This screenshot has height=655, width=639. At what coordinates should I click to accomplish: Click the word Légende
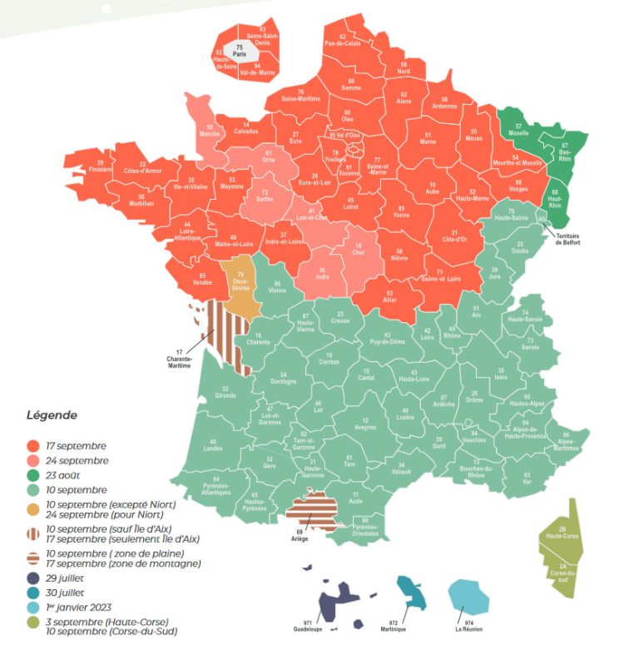52,414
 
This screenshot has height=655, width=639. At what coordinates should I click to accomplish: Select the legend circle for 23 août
33,475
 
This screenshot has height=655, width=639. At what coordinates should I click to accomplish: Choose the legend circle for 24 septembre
33,460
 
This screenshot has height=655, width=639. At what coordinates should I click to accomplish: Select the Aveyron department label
366,424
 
